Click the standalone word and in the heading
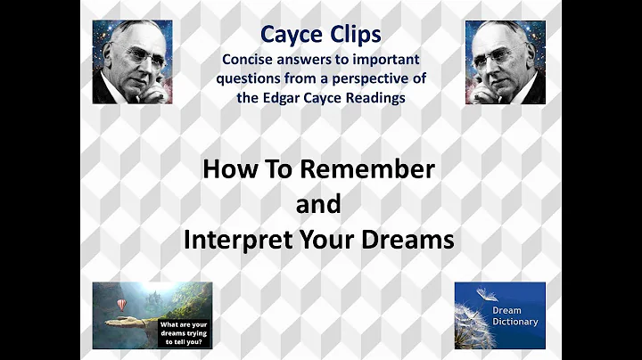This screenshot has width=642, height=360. (x=317, y=204)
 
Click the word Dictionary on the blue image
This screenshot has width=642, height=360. (x=516, y=321)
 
